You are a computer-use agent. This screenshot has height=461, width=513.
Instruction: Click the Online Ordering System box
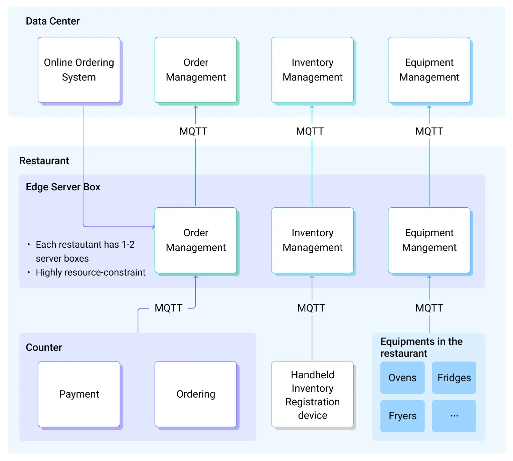point(79,70)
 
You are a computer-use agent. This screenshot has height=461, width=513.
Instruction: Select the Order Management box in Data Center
point(196,70)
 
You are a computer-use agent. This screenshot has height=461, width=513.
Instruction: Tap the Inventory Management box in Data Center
point(312,70)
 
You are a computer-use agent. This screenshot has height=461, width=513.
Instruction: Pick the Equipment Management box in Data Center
point(429,70)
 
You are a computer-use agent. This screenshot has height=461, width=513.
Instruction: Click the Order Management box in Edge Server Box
point(196,240)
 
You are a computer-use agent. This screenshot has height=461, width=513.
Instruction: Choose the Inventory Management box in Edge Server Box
point(312,240)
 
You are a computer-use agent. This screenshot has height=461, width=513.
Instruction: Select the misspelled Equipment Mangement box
point(429,240)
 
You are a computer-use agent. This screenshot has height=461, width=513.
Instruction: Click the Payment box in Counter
point(79,394)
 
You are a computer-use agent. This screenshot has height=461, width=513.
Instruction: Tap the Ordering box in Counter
point(196,394)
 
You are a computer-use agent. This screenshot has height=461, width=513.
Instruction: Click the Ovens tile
point(402,378)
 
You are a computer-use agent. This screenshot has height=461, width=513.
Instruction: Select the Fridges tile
point(454,378)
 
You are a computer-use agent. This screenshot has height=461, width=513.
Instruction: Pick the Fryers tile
point(402,416)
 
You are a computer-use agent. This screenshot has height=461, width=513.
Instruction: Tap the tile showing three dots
point(454,416)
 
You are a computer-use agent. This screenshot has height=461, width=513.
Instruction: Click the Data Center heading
point(53,21)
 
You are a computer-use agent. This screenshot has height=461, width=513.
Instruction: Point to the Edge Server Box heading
point(63,187)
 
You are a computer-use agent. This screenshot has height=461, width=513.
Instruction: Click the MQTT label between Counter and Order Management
point(168,308)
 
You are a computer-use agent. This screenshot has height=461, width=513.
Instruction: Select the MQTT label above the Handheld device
point(311,308)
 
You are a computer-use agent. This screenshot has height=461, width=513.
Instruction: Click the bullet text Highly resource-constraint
point(91,272)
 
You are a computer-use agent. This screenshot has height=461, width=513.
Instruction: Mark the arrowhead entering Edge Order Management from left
point(153,227)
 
